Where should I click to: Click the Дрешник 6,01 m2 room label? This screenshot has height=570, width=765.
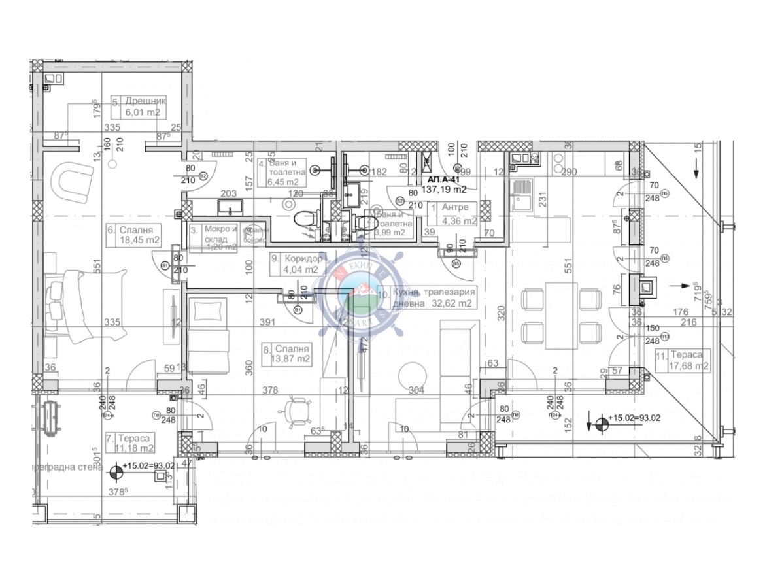point(139,107)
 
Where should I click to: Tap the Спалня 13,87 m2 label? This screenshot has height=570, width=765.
point(286,354)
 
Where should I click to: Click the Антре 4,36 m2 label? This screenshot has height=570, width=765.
point(454,213)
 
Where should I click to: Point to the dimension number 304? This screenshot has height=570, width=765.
point(416,390)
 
